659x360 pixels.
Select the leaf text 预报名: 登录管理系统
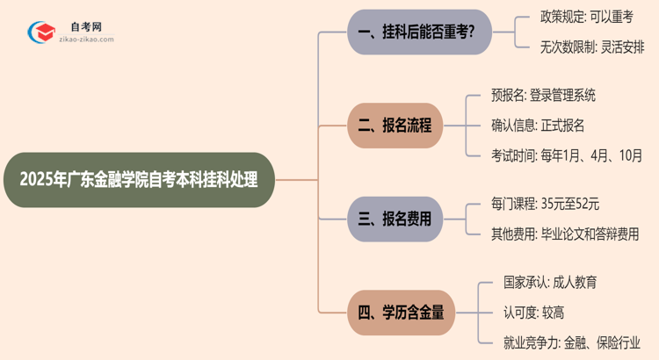[x=544, y=96]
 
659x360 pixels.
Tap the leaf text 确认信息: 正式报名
[x=538, y=126]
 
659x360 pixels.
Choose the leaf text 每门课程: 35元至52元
[x=546, y=205]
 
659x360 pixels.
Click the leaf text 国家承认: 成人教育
[x=551, y=283]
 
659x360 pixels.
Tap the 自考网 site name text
[x=86, y=26]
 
